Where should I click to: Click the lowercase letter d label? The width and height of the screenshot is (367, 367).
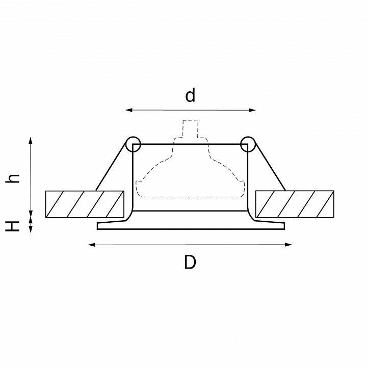point(190,95)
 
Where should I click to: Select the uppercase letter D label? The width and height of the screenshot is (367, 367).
point(190,262)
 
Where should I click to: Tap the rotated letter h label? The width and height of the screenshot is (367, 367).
point(12,178)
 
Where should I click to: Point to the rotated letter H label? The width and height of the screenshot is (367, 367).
point(12,226)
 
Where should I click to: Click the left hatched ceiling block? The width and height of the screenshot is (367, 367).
point(85,204)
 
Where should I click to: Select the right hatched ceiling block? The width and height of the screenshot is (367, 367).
point(295,204)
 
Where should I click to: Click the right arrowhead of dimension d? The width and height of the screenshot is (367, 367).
point(252,110)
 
